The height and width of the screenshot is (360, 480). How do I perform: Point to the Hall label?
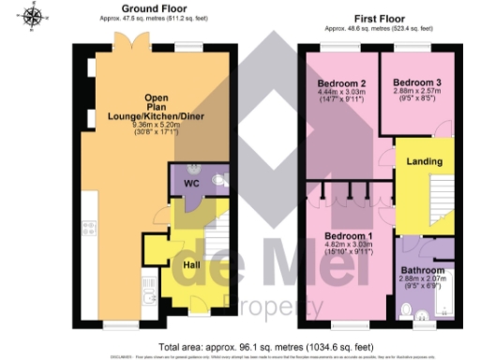189,264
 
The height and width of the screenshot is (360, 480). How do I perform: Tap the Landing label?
424,161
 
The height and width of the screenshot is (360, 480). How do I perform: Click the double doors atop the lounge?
135,41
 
